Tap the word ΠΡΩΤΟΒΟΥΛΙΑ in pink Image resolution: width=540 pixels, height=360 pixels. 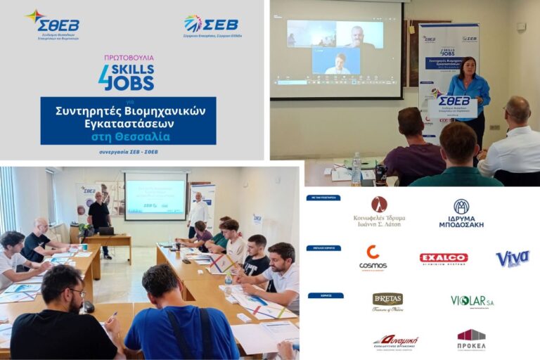126,58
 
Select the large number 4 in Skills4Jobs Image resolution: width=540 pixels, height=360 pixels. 105,77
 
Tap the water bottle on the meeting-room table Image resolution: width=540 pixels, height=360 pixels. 356,169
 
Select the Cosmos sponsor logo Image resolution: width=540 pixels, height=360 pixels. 373,257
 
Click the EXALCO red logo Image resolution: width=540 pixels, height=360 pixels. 443,258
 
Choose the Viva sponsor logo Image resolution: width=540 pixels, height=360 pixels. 512,258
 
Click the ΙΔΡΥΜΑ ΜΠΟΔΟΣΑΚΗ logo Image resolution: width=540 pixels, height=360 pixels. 461,214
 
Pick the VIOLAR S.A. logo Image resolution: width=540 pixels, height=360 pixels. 472,301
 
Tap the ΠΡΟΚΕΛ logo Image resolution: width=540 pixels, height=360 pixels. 471,340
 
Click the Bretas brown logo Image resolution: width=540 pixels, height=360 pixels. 387,301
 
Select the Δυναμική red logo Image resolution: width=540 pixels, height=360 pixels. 395,342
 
